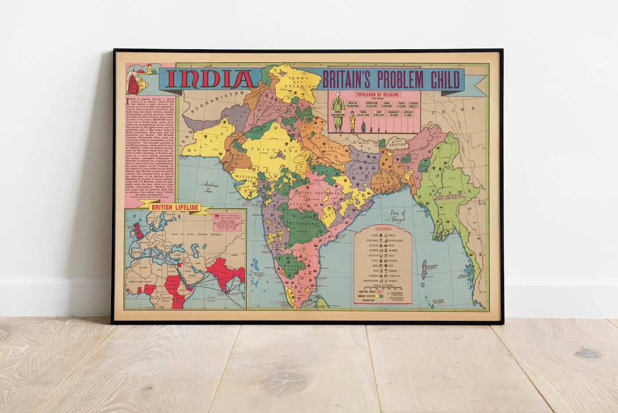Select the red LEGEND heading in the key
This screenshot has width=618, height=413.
(x=383, y=229)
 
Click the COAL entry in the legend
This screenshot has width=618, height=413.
(x=374, y=235)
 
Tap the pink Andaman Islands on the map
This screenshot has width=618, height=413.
(x=424, y=269)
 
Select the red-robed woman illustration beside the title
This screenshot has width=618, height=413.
(x=133, y=81)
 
